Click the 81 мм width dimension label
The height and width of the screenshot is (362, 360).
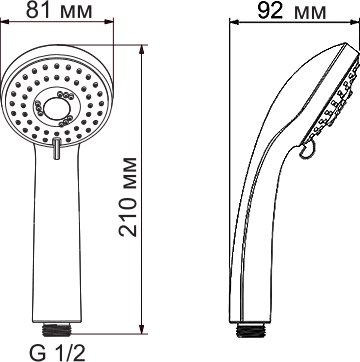(59, 10)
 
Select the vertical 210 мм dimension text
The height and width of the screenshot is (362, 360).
(128, 197)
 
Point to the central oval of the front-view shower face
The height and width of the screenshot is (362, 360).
(57, 109)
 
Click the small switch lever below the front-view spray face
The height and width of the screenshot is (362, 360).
(57, 148)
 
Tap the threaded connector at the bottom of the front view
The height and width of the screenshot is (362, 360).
(57, 329)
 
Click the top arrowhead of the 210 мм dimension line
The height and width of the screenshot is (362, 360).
(142, 49)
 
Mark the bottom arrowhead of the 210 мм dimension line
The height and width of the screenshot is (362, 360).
(142, 329)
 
